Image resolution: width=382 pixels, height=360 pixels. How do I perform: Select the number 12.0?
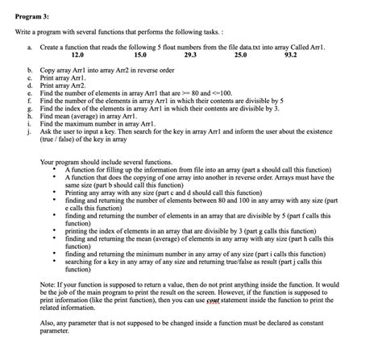(x=77, y=56)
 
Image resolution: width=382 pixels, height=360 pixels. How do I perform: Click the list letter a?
(x=29, y=48)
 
